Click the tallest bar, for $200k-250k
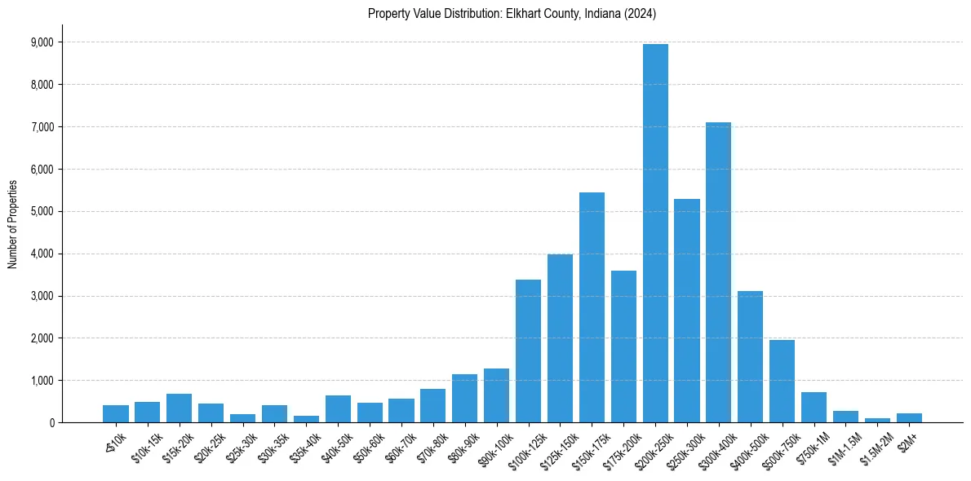click(x=655, y=236)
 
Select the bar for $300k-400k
click(x=719, y=273)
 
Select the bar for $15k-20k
click(x=179, y=408)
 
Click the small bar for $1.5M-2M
click(x=877, y=420)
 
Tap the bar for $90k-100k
click(x=496, y=396)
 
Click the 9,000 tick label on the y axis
click(x=42, y=42)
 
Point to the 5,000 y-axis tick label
click(x=42, y=212)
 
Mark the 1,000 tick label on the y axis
click(x=42, y=381)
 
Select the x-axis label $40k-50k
click(x=335, y=446)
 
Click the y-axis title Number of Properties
click(x=12, y=224)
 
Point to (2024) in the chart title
click(x=639, y=14)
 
